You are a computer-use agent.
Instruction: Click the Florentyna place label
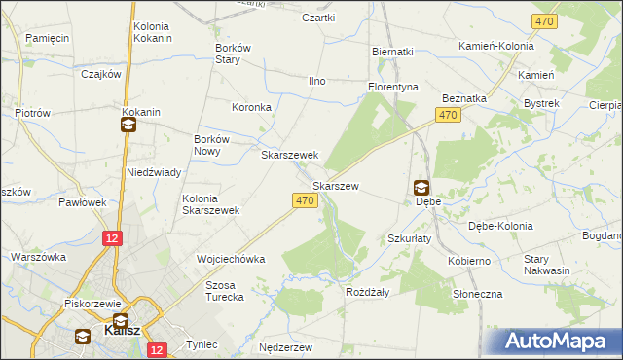[392, 87]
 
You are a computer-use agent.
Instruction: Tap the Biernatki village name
[393, 52]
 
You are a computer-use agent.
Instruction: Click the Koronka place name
[250, 107]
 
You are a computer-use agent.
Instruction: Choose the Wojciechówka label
[231, 260]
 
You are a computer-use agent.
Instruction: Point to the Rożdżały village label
[368, 291]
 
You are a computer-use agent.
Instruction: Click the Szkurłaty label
[410, 238]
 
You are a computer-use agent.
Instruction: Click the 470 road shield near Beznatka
[447, 116]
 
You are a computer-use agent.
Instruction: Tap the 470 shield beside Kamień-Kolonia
[543, 21]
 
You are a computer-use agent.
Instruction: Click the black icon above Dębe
[421, 187]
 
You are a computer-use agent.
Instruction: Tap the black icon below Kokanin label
[128, 125]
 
